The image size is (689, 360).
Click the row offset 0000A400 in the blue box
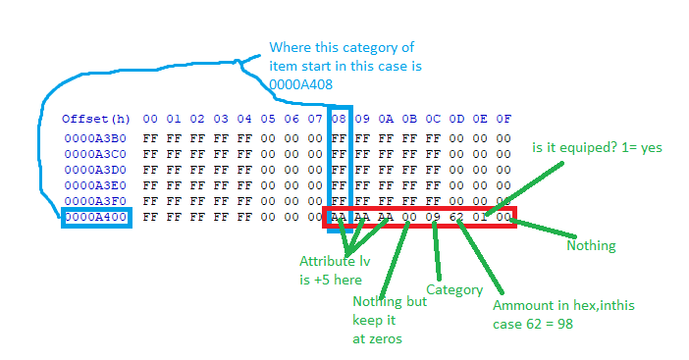[96, 217]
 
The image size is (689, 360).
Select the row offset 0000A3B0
[95, 138]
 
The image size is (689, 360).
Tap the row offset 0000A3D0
[95, 170]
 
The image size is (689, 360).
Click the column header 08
[339, 119]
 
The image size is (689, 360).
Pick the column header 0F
[503, 119]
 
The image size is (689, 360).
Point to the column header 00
[150, 119]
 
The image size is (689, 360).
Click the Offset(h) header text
[96, 119]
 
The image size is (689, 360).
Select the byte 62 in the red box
[456, 217]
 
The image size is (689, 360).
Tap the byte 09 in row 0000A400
[433, 217]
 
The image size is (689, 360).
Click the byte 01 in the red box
[480, 217]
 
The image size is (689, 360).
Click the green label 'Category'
[454, 290]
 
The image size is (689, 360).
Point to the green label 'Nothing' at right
[591, 245]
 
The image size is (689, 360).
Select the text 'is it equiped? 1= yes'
[597, 148]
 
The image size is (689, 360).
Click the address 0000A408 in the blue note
[301, 84]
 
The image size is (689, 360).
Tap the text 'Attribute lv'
[335, 261]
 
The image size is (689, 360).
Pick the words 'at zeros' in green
[377, 339]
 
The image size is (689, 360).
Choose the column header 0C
[433, 119]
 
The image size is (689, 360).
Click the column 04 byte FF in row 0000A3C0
[244, 154]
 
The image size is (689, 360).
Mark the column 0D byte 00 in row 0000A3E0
[456, 185]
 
